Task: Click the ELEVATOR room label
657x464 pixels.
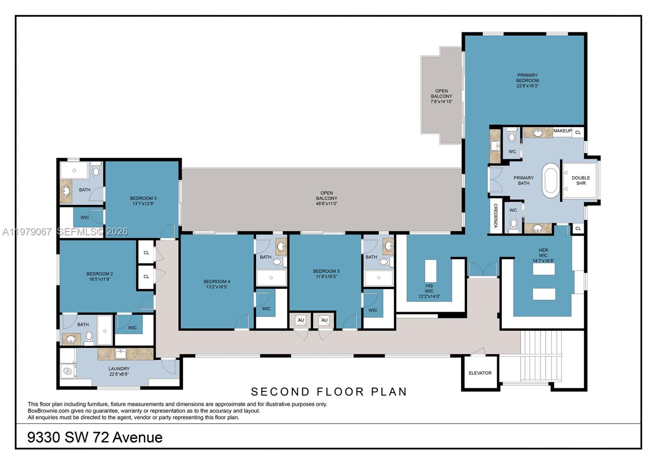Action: (480, 373)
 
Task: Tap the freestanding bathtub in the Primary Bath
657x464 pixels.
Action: (551, 180)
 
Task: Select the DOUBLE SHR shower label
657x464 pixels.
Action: (581, 180)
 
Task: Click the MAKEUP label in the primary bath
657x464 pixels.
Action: (562, 131)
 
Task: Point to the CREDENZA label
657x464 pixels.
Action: (496, 216)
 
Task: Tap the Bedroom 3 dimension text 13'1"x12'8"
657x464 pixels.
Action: (143, 204)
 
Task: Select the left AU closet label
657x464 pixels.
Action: (301, 320)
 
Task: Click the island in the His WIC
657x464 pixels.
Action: (430, 271)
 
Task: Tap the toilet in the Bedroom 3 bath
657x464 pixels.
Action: (96, 170)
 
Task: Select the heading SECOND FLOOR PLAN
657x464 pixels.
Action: (328, 392)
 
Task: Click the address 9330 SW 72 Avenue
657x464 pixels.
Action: (95, 437)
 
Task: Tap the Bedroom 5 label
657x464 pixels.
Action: (326, 271)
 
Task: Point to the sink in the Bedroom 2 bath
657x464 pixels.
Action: (71, 339)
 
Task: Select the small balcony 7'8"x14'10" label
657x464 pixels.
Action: (441, 96)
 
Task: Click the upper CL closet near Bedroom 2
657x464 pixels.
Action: (146, 253)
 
